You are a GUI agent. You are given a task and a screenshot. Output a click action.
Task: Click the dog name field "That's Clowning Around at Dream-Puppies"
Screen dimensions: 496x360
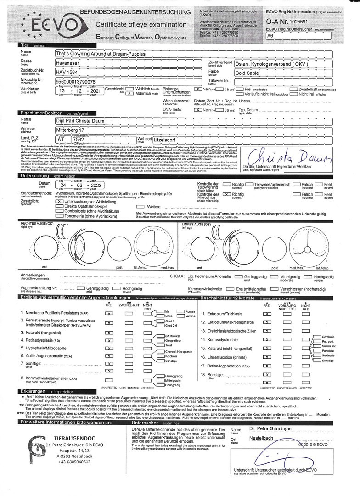click(x=106, y=54)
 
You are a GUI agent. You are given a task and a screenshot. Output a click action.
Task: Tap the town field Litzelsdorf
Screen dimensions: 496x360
click(x=169, y=140)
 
